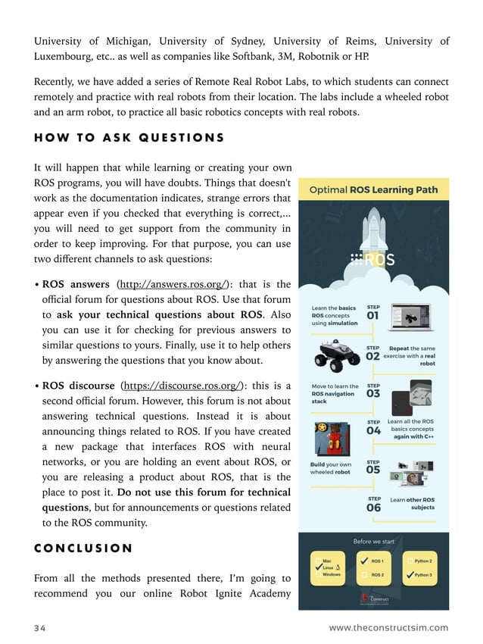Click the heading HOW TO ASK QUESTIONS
point(129,137)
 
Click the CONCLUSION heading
point(83,548)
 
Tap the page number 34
point(40,627)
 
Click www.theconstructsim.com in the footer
point(388,627)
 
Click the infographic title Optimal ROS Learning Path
point(373,190)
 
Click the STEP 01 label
point(372,312)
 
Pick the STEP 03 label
point(373,390)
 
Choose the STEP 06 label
point(373,505)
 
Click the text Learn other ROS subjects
point(413,504)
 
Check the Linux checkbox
point(319,567)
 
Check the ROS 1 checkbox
point(365,561)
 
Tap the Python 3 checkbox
point(410,575)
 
